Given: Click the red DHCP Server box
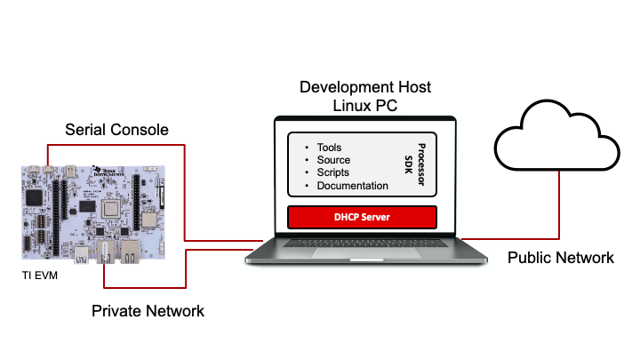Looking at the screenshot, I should (x=362, y=217).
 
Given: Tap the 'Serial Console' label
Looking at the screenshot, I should (x=116, y=130).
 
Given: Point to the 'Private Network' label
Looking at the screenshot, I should (x=148, y=311).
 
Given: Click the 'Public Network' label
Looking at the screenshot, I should (x=560, y=258).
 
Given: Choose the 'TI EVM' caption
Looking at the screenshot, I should (x=38, y=276).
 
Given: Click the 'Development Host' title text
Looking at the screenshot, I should (x=364, y=87).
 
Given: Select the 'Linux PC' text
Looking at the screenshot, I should (x=364, y=106).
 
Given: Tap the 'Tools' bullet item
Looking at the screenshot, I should (x=329, y=148).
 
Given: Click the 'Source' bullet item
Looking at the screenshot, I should (x=333, y=160).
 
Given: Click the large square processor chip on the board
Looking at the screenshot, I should (x=113, y=210).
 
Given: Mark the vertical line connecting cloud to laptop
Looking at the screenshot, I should (x=558, y=204).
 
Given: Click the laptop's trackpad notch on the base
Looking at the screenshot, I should (x=364, y=252).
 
